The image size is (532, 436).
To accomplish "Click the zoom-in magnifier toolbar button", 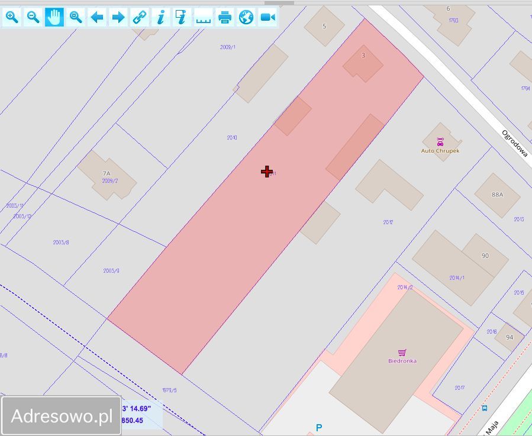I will pos(12,17).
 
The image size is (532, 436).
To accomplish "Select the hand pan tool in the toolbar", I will pos(54,17).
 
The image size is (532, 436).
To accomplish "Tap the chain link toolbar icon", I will pos(140,17).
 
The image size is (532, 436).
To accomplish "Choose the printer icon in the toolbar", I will pos(225,17).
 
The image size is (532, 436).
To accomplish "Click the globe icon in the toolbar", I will pos(246,17).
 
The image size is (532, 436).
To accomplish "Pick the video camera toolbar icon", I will pos(267,17).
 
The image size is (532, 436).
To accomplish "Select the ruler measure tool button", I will pos(204,17).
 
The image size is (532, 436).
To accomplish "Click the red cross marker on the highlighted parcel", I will pos(267,172).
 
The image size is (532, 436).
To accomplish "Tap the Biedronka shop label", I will pos(402,360).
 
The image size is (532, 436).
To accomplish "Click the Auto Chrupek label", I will pos(440,150).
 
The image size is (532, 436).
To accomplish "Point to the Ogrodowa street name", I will pos(514,143).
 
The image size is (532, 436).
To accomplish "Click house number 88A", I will pos(497,194).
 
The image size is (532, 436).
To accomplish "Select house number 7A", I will pos(107,173).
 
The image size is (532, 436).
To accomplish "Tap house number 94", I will pos(510,337).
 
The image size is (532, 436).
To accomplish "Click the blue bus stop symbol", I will pos(485,408).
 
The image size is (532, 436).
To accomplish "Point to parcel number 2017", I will pos(460,388).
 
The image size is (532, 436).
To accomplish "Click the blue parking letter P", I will pos(319,427).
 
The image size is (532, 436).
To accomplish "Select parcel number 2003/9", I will pos(111,271).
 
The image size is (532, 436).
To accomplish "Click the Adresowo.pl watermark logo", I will pos(62,416).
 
